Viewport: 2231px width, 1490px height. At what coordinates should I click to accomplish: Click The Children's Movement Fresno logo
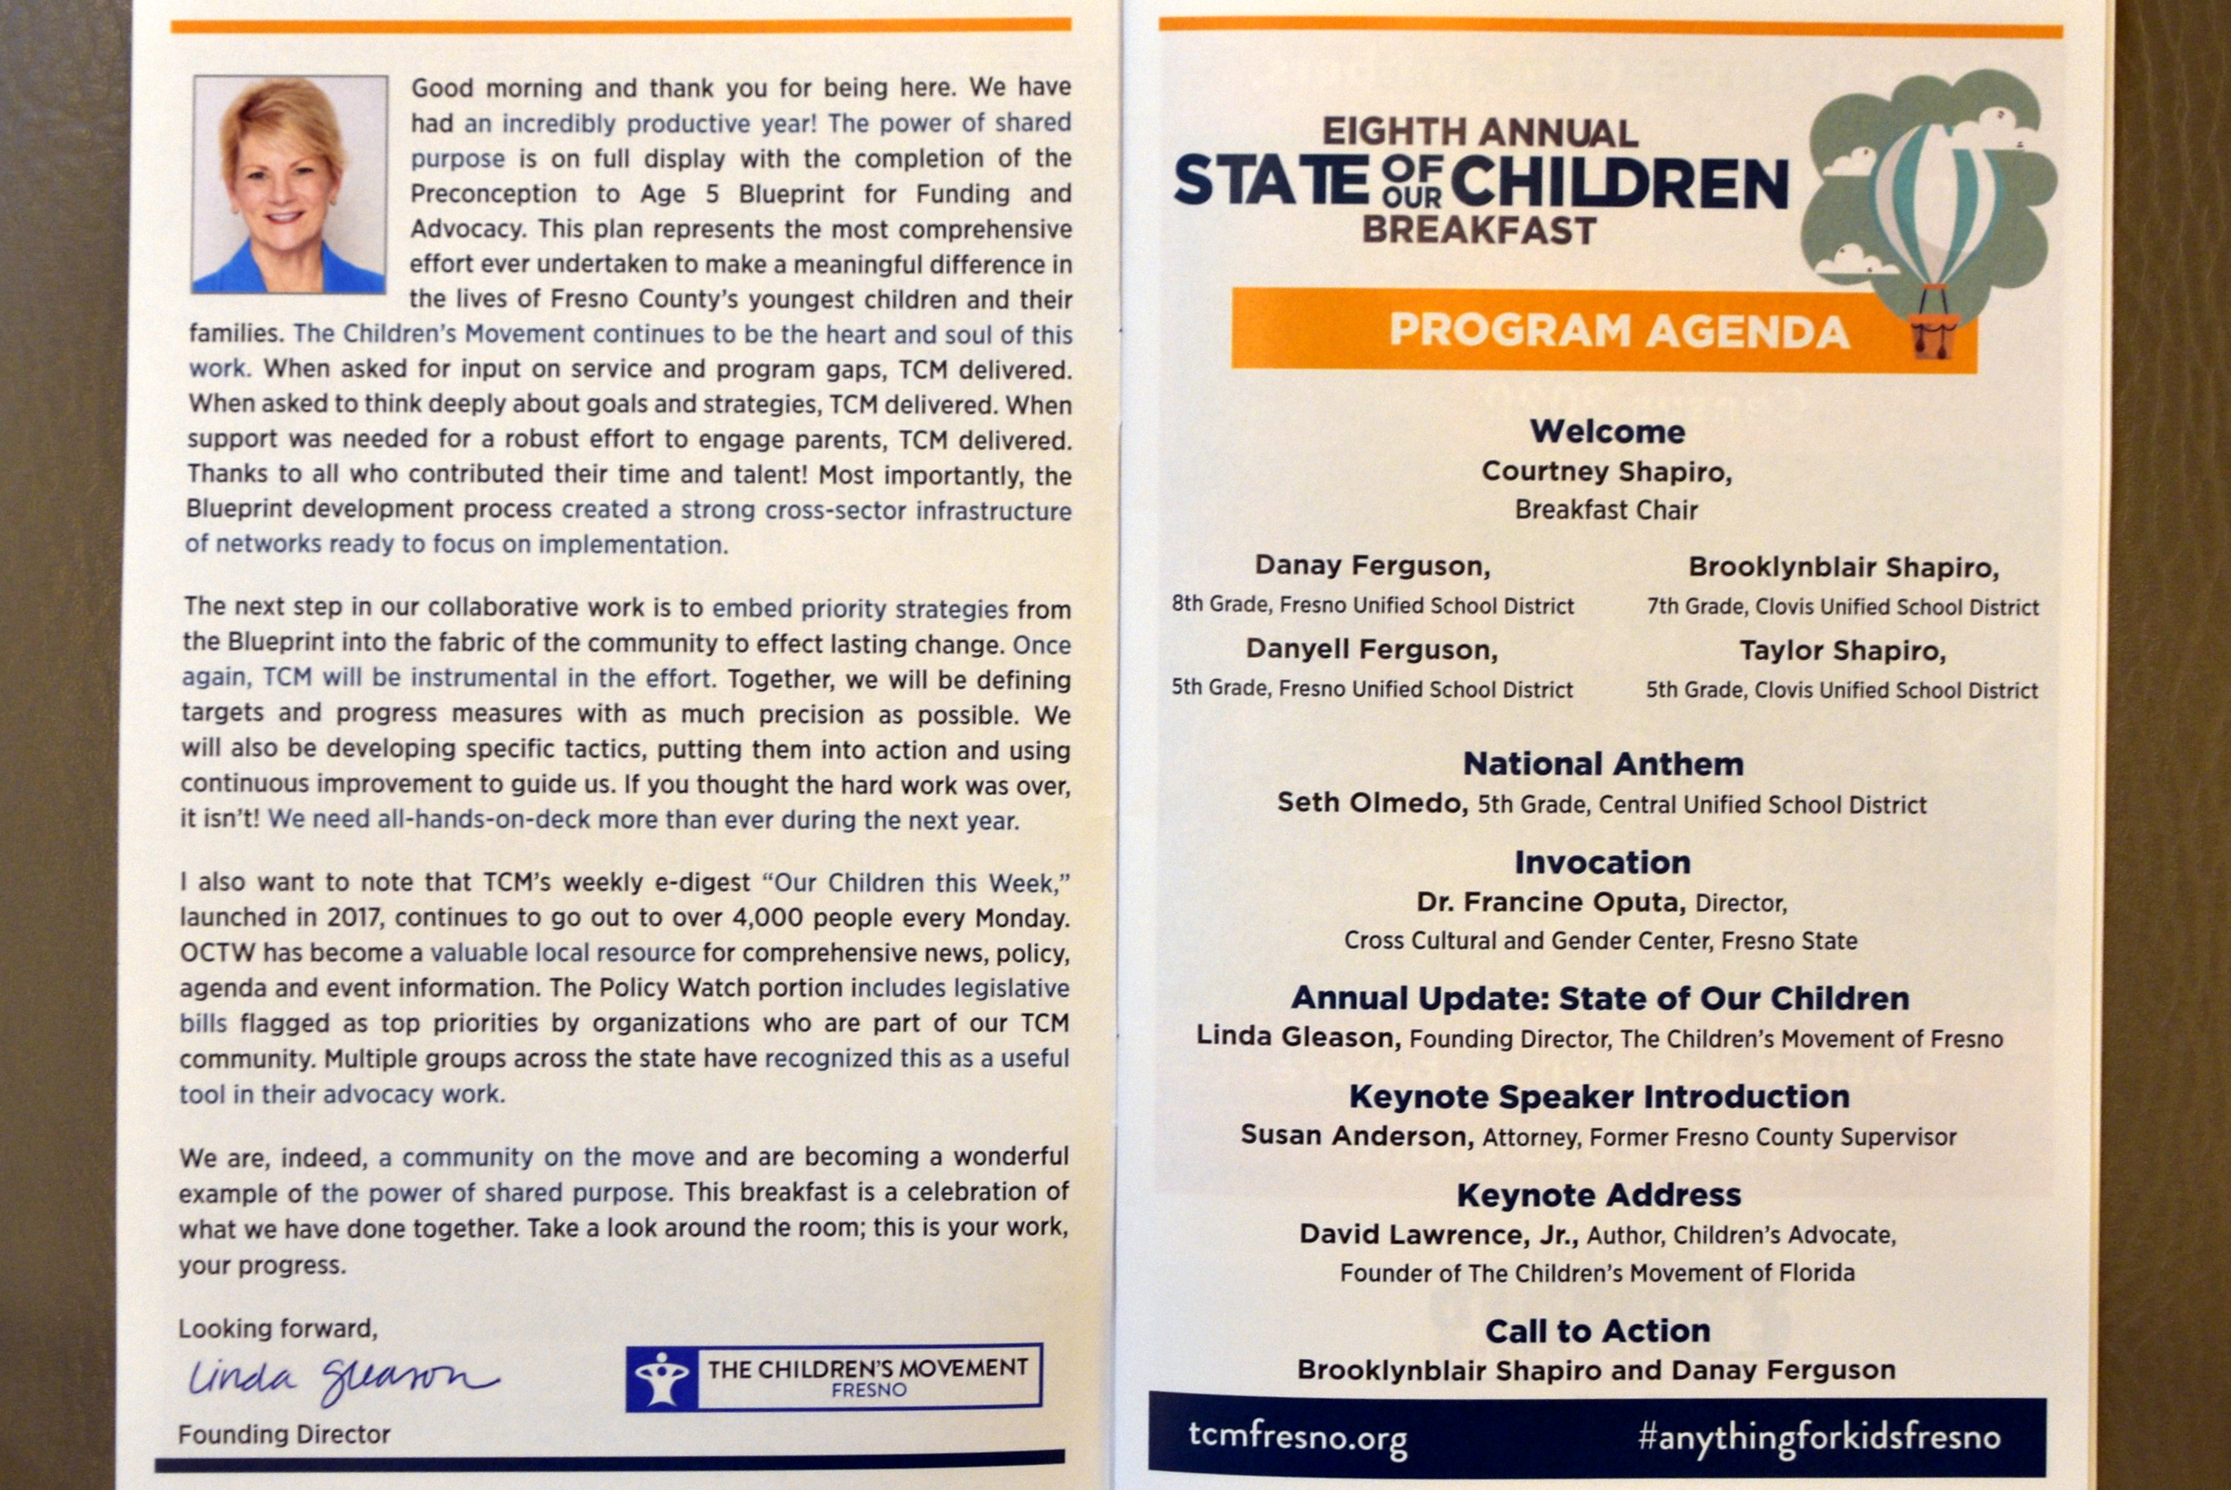(834, 1377)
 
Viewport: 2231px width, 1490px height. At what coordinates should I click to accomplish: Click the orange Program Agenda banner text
(1618, 330)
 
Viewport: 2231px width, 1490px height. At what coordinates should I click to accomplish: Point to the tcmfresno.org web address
(1297, 1437)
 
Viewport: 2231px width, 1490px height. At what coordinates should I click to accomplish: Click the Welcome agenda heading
(1607, 432)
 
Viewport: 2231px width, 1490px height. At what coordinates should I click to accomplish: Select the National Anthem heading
(1603, 764)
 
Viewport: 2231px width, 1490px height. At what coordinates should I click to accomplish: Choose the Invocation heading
(1602, 862)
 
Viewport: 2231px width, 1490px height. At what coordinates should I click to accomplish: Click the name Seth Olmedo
(1371, 803)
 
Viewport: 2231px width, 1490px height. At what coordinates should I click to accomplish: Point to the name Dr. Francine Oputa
(1550, 902)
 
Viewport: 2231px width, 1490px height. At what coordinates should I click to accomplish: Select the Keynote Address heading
(1598, 1194)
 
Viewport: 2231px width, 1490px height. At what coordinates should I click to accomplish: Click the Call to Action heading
(1597, 1331)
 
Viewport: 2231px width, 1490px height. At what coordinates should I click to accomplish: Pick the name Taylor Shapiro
(1842, 651)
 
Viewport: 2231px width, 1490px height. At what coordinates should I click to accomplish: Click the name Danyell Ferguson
(1371, 650)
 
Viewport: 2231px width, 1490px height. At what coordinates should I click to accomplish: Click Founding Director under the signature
(284, 1434)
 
